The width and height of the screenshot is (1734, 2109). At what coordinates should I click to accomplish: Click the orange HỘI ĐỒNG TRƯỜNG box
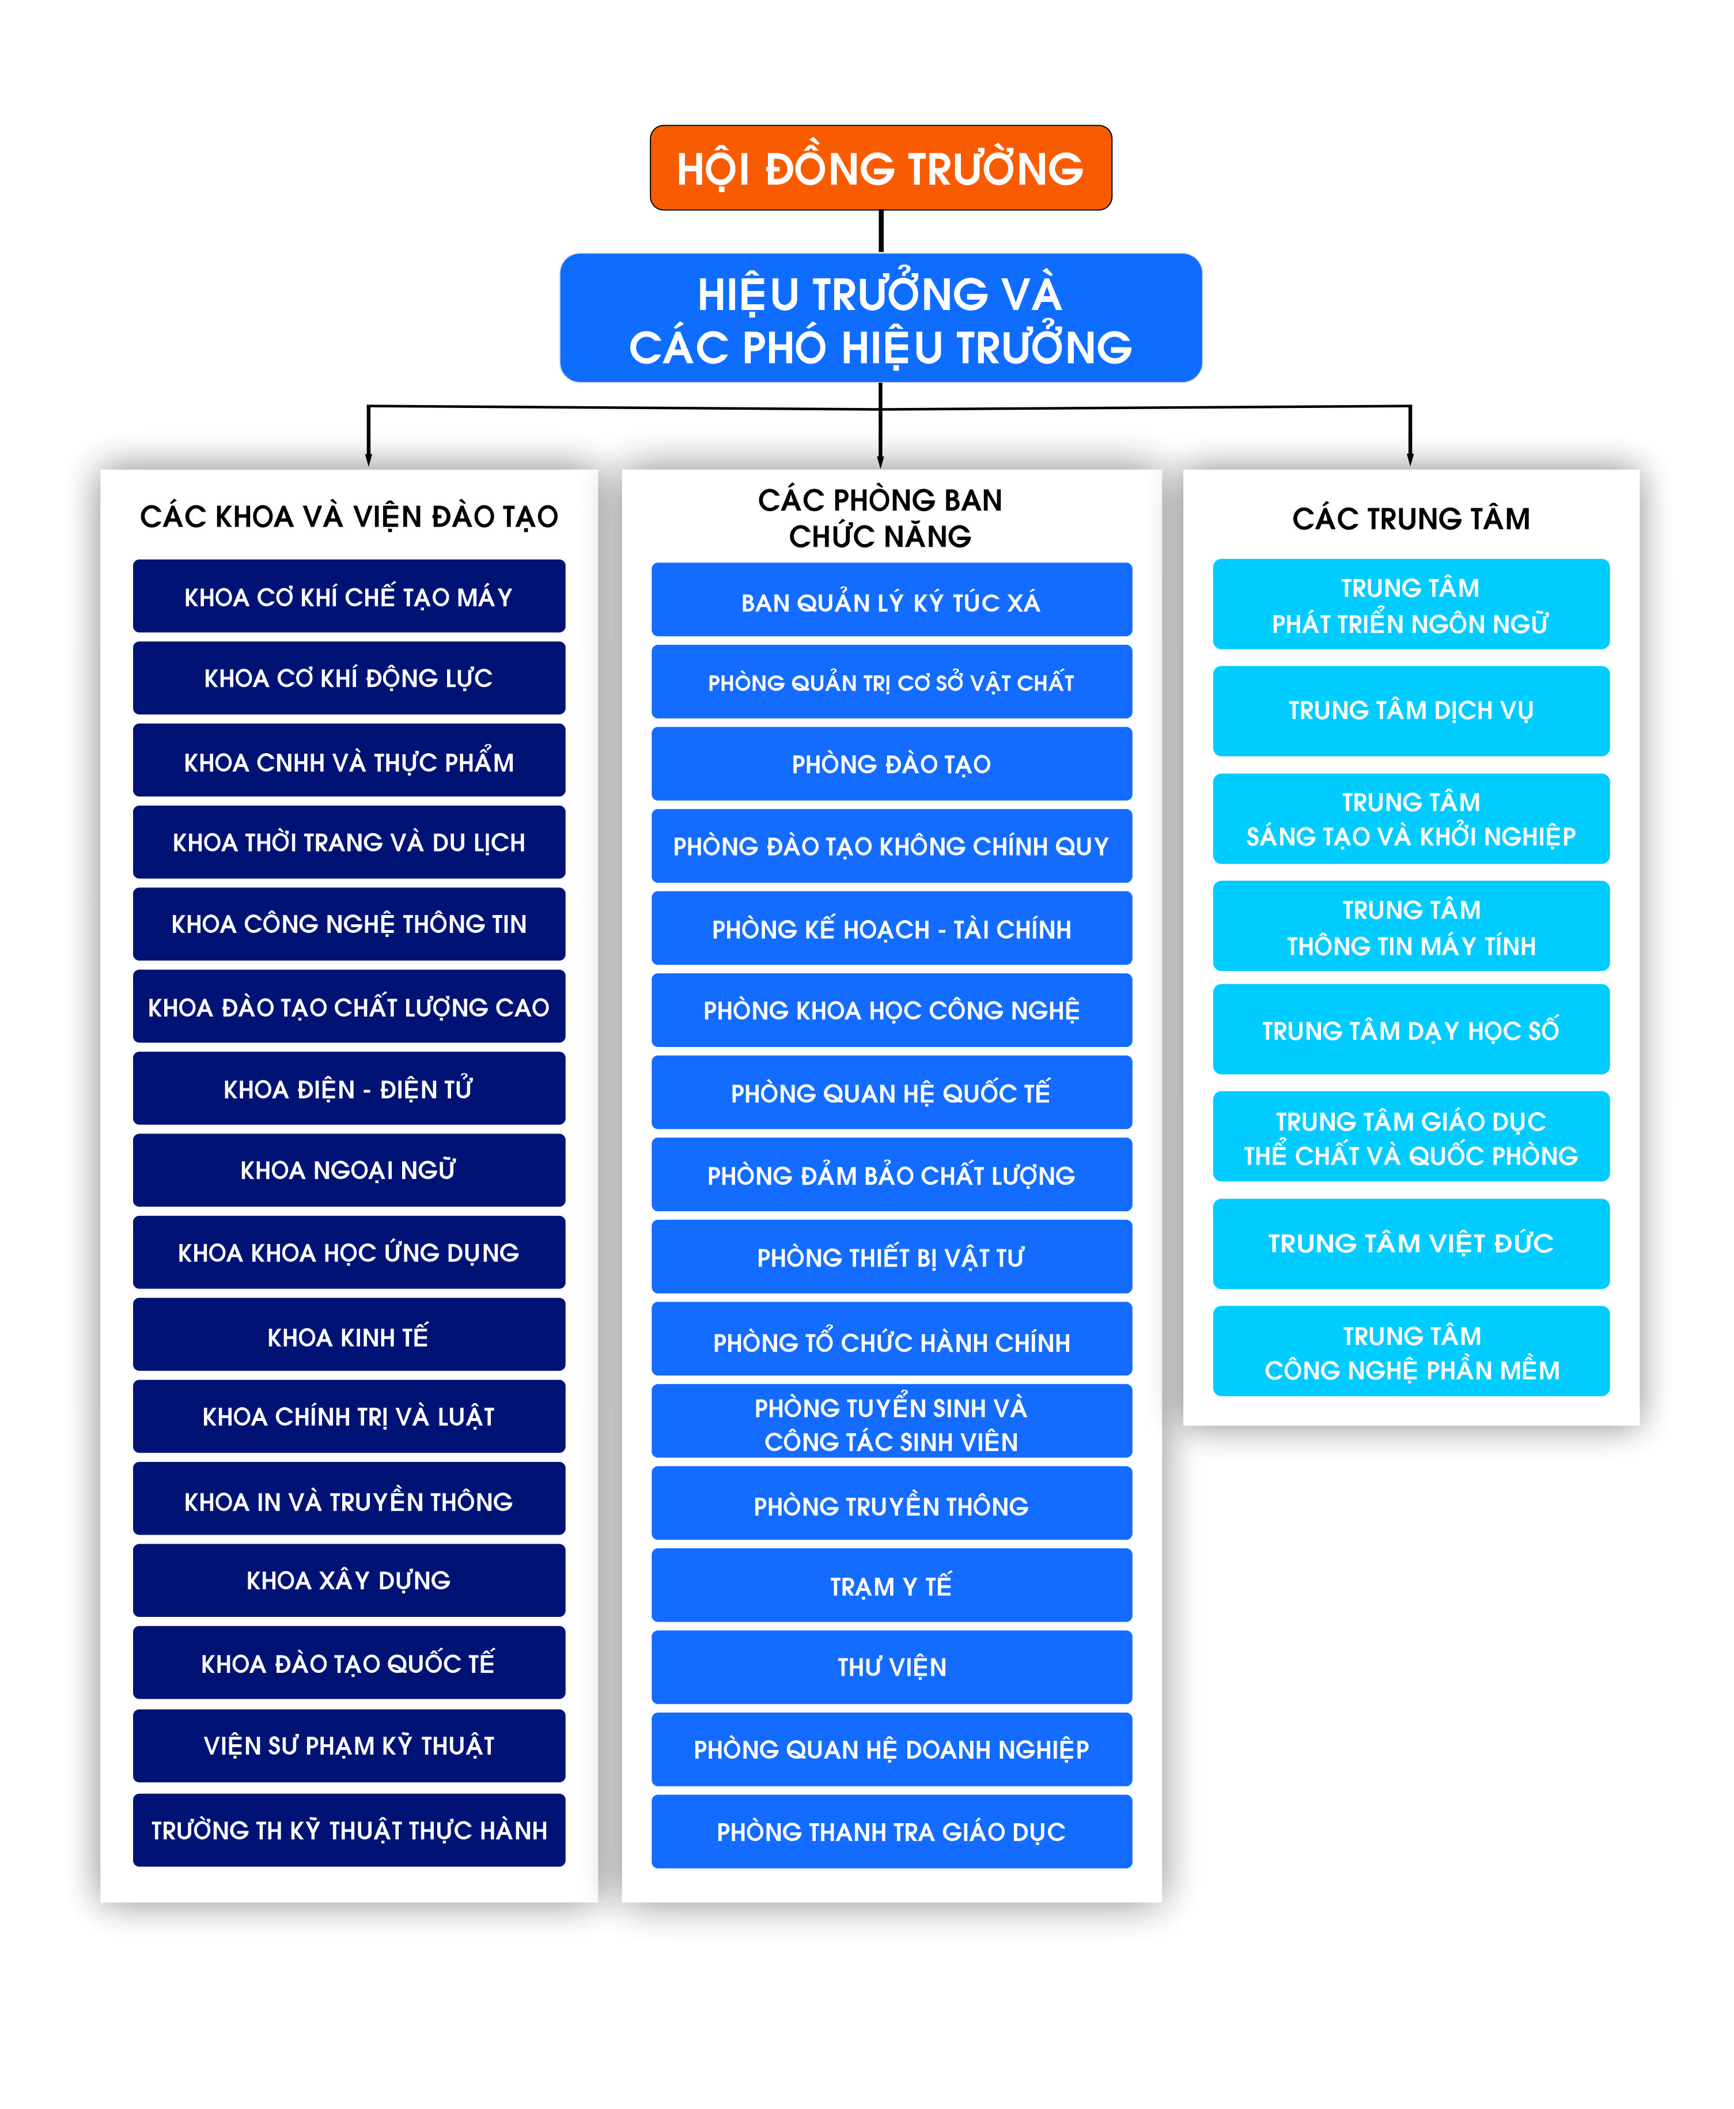(880, 168)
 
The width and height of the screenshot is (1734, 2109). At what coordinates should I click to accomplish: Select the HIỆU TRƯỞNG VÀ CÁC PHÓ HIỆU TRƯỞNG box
(880, 318)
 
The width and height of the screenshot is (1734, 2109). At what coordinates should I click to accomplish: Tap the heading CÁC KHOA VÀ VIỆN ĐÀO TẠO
(349, 516)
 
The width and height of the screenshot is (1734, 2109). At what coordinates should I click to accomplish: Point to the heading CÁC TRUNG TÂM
(1410, 519)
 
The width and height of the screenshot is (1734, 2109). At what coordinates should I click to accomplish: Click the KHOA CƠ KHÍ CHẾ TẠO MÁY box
(349, 596)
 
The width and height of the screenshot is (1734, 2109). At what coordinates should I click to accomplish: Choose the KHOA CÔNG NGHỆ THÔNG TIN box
(349, 924)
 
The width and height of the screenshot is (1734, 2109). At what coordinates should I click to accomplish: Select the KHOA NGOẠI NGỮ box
(349, 1170)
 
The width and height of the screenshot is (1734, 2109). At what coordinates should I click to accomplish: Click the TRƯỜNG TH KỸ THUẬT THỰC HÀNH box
(349, 1830)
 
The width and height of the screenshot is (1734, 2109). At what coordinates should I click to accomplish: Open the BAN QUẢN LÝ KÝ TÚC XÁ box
(891, 599)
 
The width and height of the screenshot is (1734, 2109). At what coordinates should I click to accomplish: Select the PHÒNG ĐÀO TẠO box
(891, 764)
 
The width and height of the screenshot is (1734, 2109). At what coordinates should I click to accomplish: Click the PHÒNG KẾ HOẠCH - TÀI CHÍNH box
(891, 928)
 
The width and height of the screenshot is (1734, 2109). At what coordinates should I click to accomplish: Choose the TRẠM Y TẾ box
(891, 1586)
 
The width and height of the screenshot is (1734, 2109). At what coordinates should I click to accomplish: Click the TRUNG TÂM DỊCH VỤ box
(1410, 711)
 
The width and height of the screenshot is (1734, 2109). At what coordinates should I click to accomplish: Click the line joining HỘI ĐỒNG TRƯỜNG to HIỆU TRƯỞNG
(881, 232)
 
